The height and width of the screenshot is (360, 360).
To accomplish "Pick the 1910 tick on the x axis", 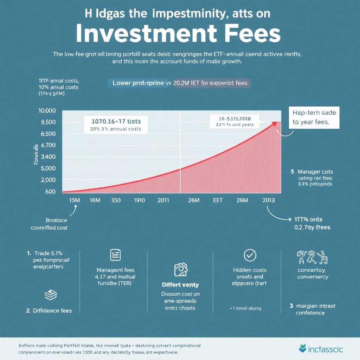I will pos(139,200).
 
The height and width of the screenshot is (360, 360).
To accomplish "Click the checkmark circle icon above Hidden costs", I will pos(250,256).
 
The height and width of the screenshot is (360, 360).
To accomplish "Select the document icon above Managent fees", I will pos(115,255).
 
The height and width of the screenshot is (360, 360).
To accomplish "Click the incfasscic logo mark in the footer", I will pos(302,349).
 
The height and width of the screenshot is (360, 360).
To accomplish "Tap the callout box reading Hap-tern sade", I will pos(314,118).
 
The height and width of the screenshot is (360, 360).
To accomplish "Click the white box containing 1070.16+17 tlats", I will pos(116,125).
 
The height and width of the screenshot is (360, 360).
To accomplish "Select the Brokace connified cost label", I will pos(56,224).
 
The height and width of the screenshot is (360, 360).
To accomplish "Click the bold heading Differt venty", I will pos(180,285).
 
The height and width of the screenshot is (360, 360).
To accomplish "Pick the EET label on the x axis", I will pos(218,200).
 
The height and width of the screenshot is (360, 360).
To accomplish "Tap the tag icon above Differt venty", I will pos(180,270).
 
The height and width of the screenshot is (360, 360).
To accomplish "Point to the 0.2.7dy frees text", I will pos(312,227).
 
